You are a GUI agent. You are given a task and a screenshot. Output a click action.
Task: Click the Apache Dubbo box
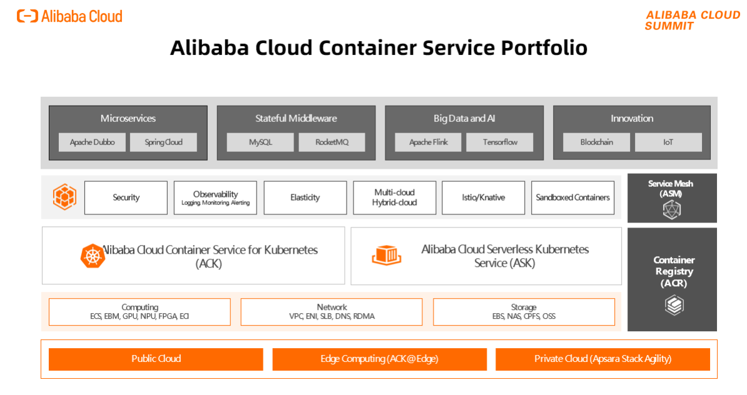92,142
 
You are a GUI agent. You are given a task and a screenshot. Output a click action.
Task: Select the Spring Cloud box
163,142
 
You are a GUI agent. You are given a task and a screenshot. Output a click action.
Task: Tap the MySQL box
260,142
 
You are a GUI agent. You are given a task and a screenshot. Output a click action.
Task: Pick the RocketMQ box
332,142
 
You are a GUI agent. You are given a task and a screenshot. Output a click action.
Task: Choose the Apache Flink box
428,142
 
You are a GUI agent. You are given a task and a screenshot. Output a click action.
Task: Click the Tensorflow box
500,142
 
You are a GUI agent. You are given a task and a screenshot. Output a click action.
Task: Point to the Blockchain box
596,142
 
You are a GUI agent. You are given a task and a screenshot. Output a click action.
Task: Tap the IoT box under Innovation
668,142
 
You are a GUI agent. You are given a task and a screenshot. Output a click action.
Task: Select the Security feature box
126,197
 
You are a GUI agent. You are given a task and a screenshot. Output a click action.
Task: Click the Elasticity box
305,197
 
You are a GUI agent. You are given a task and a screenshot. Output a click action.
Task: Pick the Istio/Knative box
483,197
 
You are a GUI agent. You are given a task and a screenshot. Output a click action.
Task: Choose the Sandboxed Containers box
572,197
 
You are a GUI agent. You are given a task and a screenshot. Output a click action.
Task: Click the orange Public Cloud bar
156,359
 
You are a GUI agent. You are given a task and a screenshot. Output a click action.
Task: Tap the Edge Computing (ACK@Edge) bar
379,359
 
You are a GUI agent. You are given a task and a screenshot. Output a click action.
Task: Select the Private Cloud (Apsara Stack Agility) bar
602,359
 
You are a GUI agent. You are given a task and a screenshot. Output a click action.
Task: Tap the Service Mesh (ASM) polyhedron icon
671,211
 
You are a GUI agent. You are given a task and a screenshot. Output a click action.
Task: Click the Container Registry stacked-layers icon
674,305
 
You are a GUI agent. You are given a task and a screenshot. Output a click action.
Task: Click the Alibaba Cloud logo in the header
69,16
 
